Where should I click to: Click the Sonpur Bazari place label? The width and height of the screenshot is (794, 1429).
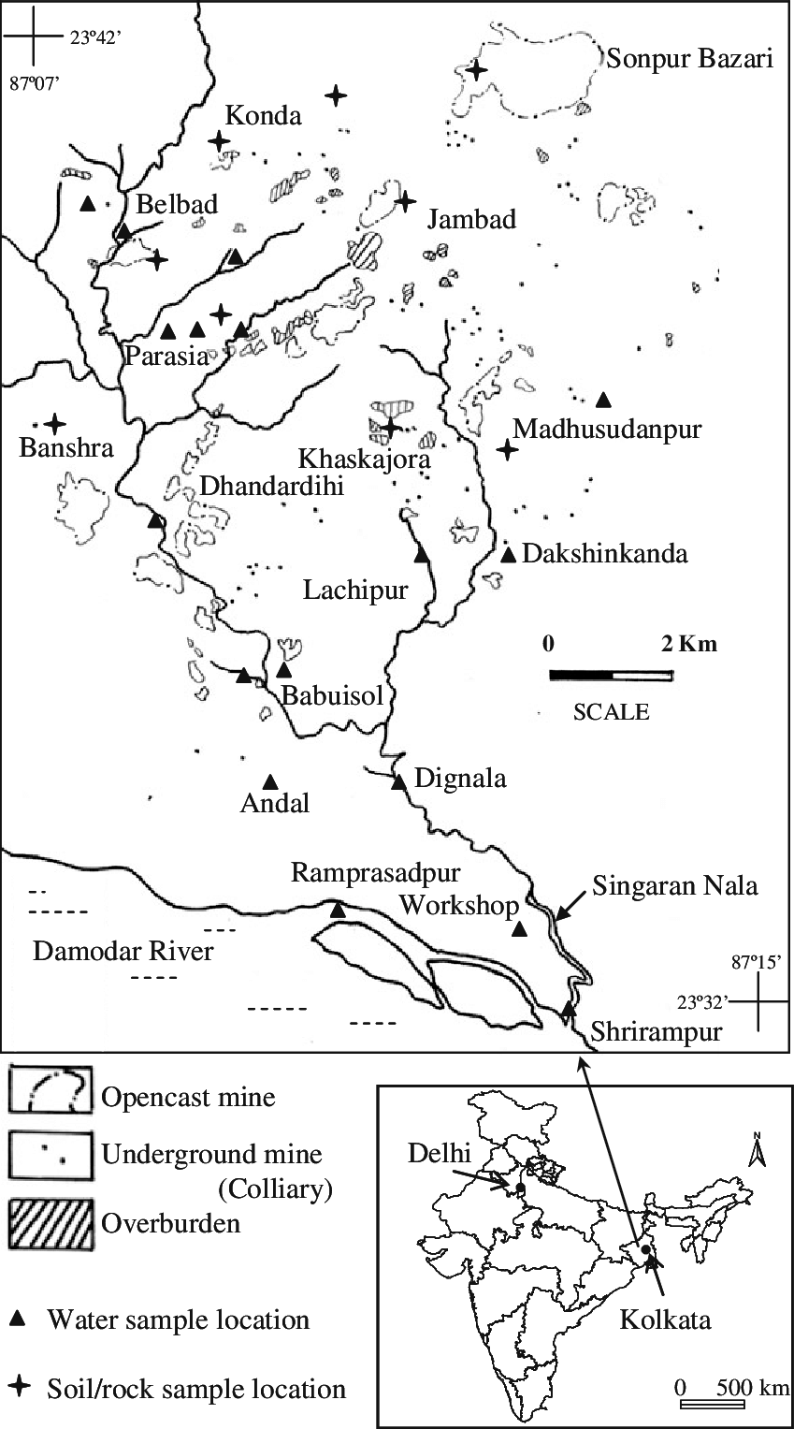click(690, 60)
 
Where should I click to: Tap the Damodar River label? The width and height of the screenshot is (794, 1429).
click(123, 952)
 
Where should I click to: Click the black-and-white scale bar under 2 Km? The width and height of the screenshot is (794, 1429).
click(611, 675)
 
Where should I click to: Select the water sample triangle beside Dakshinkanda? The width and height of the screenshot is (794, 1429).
click(508, 555)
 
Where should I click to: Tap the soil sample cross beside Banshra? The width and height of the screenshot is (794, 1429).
click(55, 423)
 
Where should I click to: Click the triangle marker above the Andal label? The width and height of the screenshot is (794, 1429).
click(270, 781)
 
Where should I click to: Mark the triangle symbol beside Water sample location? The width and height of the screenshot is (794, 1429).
click(18, 1320)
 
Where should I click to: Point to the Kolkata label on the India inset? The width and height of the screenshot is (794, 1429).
click(665, 1320)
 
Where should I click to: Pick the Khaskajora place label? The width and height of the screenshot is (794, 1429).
click(364, 459)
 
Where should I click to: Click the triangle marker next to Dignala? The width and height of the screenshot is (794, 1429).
click(398, 781)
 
